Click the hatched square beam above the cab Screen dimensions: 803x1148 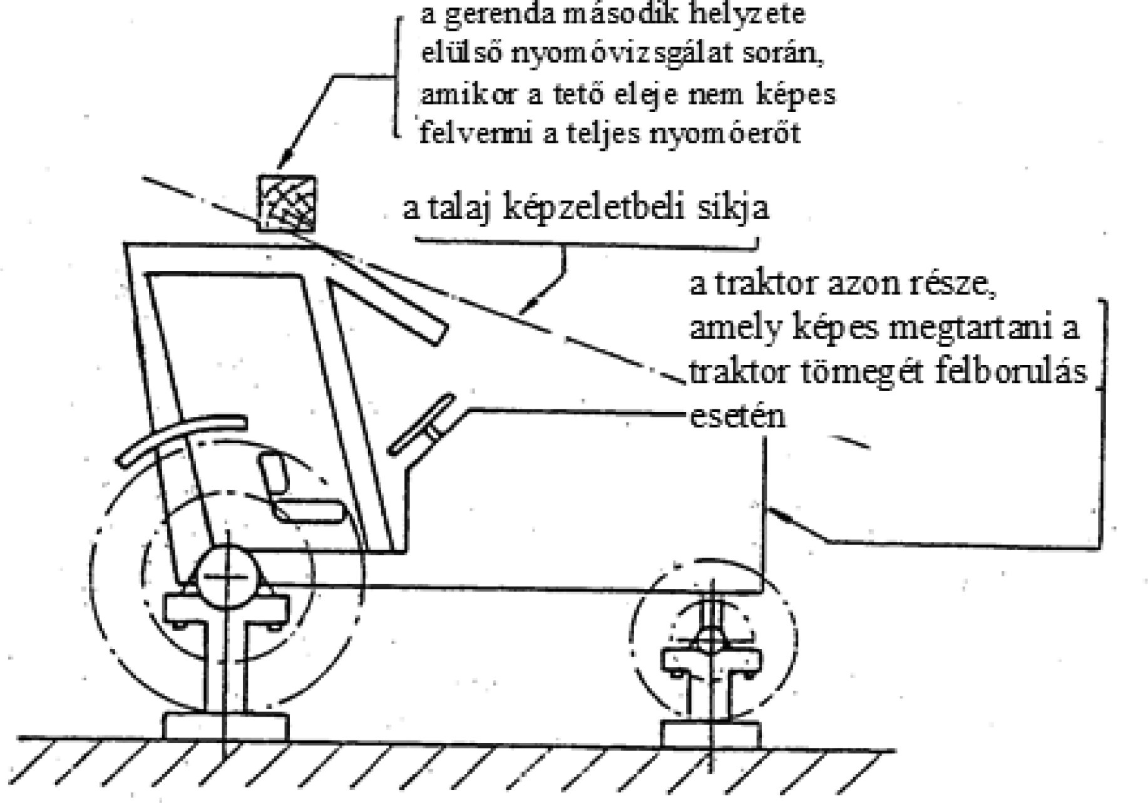(x=287, y=203)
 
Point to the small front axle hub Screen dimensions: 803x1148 (x=711, y=640)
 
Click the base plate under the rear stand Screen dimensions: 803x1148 (x=226, y=726)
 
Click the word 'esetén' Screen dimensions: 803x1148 (x=737, y=416)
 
